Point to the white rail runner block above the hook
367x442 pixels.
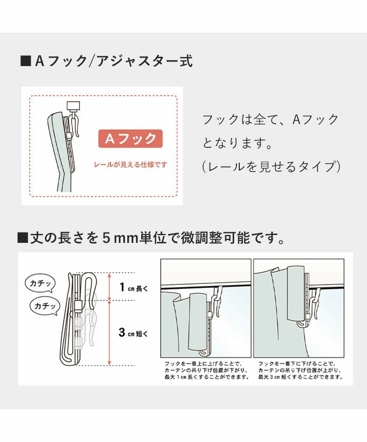73,106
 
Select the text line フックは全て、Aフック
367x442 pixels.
271,120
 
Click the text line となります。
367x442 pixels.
237,142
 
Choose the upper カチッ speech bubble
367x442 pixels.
40,283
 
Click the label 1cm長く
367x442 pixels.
133,288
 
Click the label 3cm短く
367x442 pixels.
132,333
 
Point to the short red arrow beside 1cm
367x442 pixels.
109,286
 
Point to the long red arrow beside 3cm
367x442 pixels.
109,333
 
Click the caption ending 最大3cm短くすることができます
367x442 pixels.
300,370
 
